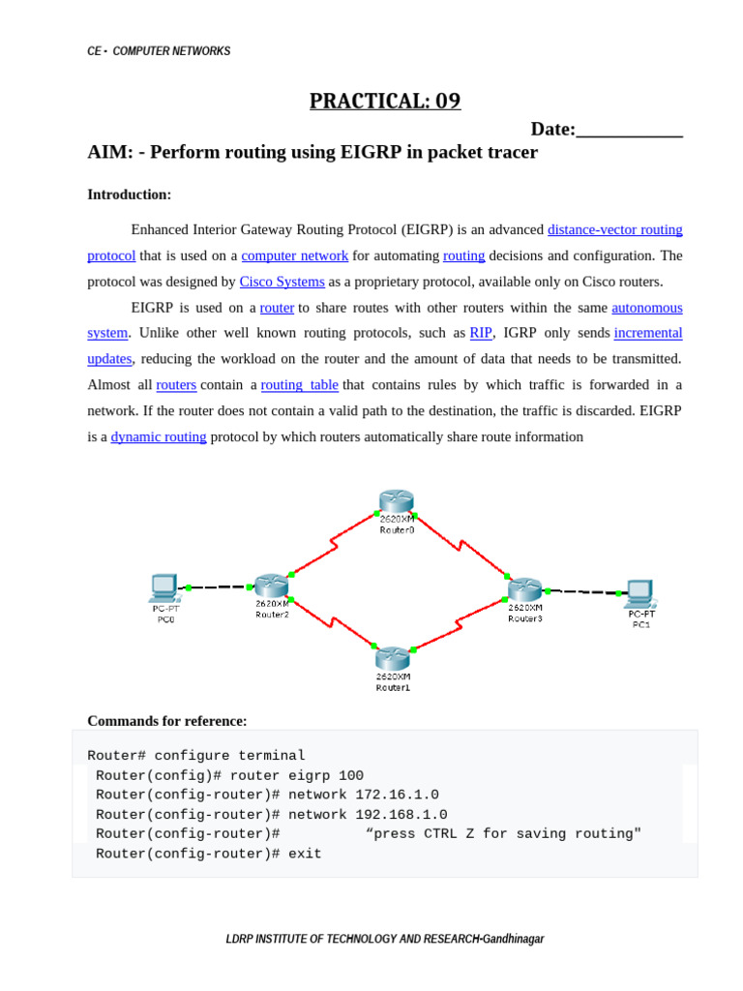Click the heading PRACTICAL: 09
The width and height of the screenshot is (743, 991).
(x=385, y=101)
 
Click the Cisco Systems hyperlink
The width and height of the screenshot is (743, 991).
(x=282, y=282)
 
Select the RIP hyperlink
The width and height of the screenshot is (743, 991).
(x=481, y=333)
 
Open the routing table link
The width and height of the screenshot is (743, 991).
(x=300, y=384)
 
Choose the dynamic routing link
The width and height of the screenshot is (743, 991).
(x=159, y=436)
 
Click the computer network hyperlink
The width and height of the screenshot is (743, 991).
(x=295, y=255)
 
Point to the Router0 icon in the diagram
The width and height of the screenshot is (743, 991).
(x=396, y=501)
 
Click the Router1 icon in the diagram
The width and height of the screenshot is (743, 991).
(x=393, y=658)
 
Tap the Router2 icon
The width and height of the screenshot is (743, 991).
(x=272, y=586)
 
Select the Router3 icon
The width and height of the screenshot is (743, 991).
(x=525, y=588)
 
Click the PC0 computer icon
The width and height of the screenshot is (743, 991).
(x=164, y=587)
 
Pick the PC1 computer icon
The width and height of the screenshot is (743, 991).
(x=639, y=592)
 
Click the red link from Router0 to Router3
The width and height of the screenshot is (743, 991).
(x=461, y=544)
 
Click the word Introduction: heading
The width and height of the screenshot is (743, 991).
(x=129, y=195)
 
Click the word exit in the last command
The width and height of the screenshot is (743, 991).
(x=305, y=854)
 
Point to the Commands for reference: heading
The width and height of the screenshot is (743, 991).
(x=166, y=721)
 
